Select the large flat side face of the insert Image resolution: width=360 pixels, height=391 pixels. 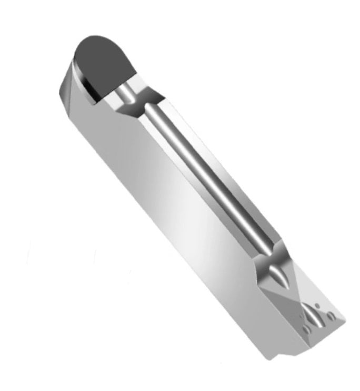(x=174, y=211)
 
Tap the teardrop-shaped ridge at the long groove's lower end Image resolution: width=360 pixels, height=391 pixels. (x=276, y=272)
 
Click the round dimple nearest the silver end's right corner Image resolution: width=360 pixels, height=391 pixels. (x=331, y=316)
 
